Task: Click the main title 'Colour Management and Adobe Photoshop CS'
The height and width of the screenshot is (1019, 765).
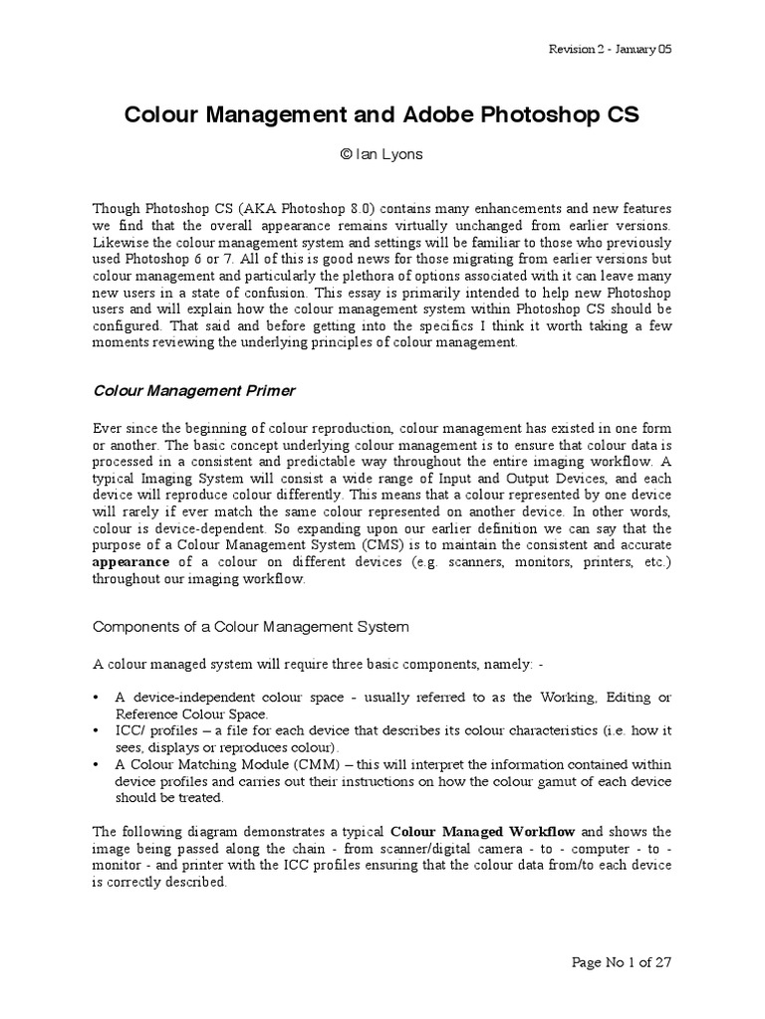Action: [x=382, y=115]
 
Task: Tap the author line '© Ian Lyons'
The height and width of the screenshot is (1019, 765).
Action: [x=382, y=155]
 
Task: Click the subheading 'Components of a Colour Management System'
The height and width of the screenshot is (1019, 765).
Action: [x=250, y=627]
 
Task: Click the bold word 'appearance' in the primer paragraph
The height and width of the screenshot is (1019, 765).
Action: [x=129, y=561]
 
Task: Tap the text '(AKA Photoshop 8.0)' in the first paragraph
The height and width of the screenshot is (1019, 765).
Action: [x=285, y=209]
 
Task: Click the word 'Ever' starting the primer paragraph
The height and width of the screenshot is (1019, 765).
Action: [x=107, y=427]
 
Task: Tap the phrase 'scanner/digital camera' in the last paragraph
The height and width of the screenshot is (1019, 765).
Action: [x=424, y=848]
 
